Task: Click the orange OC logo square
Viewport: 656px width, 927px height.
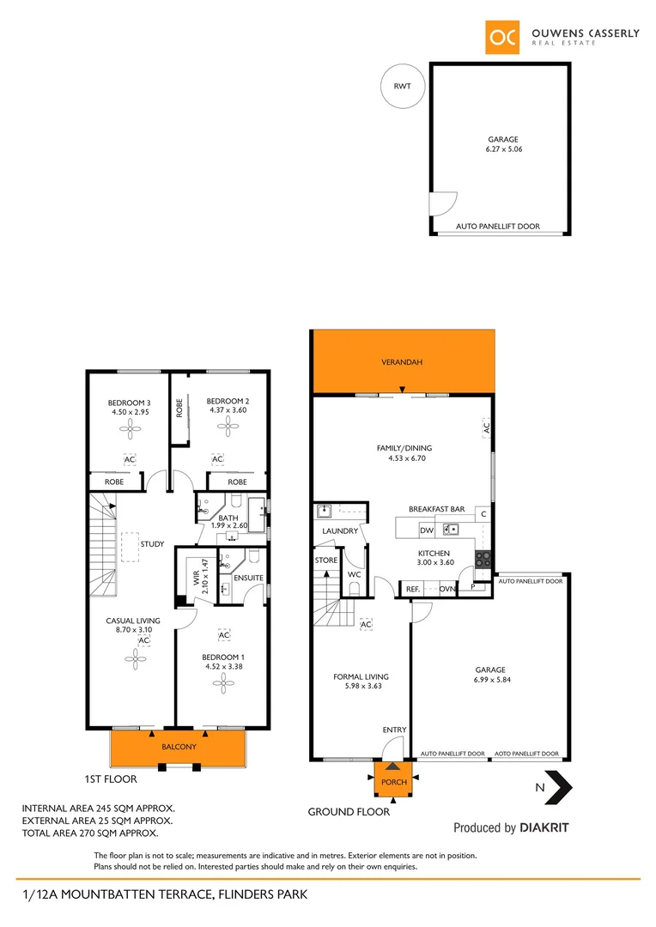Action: (502, 37)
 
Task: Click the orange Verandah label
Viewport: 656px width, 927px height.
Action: (402, 362)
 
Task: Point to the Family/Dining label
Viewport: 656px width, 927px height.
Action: (404, 447)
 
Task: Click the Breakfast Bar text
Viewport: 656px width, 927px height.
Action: (436, 509)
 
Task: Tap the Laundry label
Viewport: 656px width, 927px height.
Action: (339, 531)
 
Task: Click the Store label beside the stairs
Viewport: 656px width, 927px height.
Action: (326, 560)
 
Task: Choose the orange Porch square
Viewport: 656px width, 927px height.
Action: (393, 781)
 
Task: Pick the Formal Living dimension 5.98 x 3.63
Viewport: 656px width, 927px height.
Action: (361, 687)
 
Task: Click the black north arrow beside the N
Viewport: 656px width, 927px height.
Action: (562, 786)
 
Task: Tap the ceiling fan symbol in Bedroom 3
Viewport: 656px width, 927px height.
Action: (130, 433)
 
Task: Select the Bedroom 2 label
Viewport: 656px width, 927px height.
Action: (228, 401)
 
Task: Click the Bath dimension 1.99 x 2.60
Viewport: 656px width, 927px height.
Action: (228, 526)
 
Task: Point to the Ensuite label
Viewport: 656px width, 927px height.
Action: (249, 578)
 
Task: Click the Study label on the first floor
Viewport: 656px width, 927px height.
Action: (152, 544)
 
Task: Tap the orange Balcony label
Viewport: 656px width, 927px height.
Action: (179, 747)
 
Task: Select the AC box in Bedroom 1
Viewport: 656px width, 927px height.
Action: (224, 634)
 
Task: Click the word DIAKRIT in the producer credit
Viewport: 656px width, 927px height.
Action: (544, 828)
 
